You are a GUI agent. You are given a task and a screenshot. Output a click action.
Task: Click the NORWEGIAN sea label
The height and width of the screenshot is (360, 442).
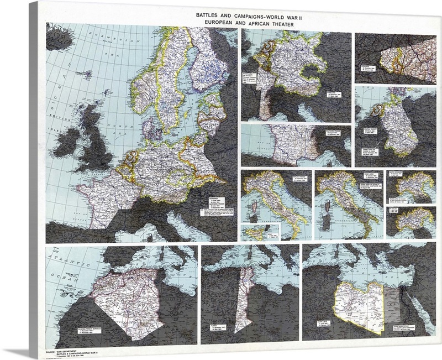pyautogui.click(x=113, y=38)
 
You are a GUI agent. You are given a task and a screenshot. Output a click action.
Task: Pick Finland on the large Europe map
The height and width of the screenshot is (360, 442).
pyautogui.click(x=213, y=61)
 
